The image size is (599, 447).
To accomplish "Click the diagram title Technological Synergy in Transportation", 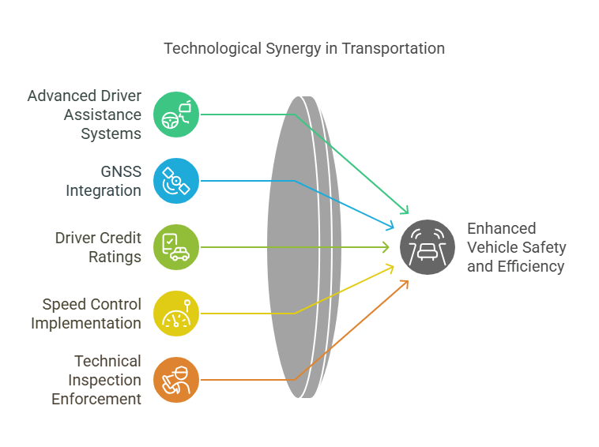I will (304, 48).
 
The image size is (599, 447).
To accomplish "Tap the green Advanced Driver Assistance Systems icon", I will (176, 115).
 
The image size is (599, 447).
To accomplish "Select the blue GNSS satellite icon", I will (176, 181).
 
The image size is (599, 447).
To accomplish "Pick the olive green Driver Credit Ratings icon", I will (176, 247).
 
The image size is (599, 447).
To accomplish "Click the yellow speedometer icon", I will (176, 314).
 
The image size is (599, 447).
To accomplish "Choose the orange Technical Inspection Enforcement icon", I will (176, 380).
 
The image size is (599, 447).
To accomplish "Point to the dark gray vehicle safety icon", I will (428, 247).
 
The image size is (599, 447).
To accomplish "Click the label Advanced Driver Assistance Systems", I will (85, 115).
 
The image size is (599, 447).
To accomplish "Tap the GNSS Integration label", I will (104, 181).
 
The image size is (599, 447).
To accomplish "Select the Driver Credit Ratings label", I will (98, 247).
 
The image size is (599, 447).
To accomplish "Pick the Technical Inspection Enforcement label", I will (96, 380).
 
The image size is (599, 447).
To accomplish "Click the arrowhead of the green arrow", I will (405, 211).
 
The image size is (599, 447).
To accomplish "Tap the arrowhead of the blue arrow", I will (390, 227).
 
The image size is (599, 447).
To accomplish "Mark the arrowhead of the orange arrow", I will (405, 283).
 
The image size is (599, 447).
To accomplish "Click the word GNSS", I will (120, 171).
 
